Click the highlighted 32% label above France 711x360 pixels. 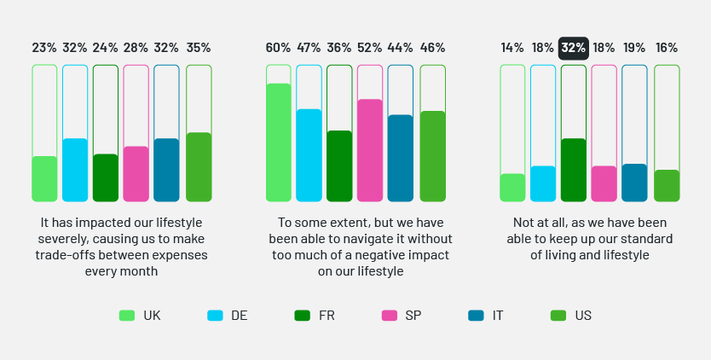574,48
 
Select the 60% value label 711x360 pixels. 278,48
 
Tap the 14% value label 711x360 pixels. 512,48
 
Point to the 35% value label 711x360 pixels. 198,48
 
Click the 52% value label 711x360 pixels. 370,48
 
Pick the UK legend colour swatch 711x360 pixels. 126,316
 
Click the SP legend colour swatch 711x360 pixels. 389,316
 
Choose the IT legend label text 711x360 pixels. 498,316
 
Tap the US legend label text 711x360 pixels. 583,316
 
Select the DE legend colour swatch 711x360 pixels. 215,316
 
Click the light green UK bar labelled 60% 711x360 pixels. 278,142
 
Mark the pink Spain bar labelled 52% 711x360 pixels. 370,150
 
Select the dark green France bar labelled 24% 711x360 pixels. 105,177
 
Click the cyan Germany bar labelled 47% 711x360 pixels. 309,155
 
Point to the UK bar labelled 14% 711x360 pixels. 512,188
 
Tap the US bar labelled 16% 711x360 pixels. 667,186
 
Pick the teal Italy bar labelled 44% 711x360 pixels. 400,158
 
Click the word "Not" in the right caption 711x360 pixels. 523,222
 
